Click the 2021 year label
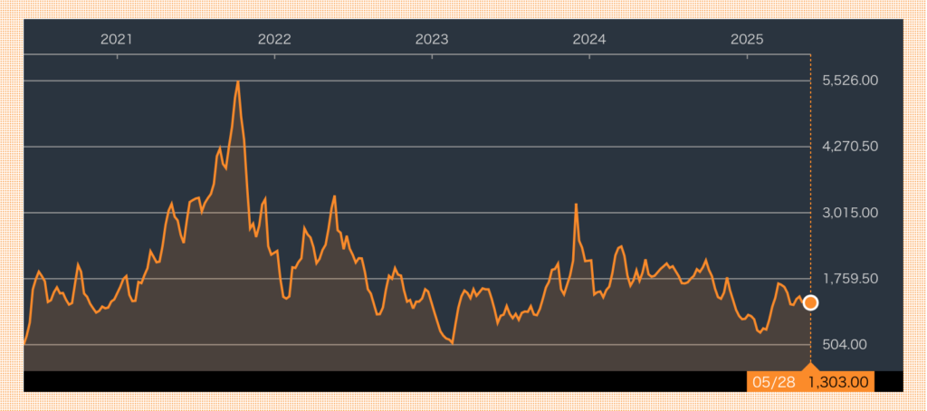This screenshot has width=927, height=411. point(117,40)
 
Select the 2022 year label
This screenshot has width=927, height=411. point(274,40)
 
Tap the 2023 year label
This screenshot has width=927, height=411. point(432,40)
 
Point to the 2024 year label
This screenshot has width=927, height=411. point(589,40)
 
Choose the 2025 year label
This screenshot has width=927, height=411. point(747,40)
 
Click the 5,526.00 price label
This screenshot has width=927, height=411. point(850,81)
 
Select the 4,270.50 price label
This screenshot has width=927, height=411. point(850,146)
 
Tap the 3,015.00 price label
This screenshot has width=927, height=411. point(850,213)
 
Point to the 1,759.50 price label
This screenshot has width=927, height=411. point(850,279)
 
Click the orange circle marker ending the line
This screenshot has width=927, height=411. point(810,302)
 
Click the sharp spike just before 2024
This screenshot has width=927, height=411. point(576,204)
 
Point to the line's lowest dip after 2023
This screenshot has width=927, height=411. point(453,343)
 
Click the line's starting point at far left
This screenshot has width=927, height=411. point(24,343)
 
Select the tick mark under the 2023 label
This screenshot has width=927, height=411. point(432,57)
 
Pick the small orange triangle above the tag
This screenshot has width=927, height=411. point(810,366)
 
